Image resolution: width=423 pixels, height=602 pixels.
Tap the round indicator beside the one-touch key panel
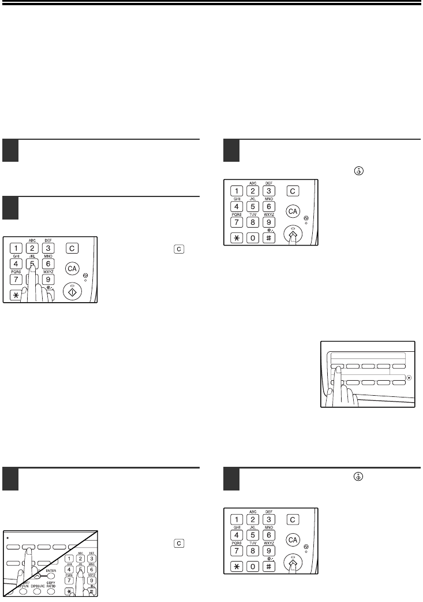(x=409, y=378)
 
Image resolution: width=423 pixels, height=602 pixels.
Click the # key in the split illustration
(x=91, y=591)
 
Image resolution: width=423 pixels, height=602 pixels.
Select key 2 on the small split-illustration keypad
(x=80, y=558)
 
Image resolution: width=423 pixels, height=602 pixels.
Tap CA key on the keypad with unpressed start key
(x=72, y=269)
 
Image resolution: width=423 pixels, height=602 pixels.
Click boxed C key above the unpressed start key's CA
(x=72, y=248)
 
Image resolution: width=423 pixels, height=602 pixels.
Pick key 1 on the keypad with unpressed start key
(x=17, y=249)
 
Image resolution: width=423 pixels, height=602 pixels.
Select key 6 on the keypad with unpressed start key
(x=49, y=263)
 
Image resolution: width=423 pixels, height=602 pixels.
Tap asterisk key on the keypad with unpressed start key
(x=17, y=295)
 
